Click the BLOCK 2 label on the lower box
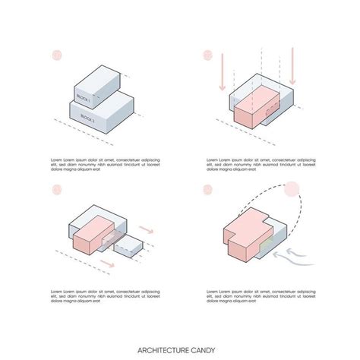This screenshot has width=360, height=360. tap(86, 118)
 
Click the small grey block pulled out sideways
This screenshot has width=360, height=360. tap(131, 246)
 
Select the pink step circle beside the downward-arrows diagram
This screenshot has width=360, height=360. tap(208, 55)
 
